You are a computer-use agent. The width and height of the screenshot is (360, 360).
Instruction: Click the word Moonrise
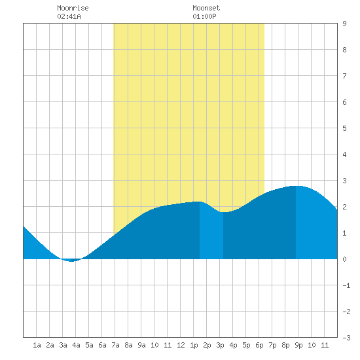[73, 8]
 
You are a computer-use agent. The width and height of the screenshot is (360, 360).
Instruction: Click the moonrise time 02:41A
[69, 16]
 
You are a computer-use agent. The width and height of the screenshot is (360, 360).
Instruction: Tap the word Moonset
[206, 8]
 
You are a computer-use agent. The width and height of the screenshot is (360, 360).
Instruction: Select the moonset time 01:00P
[204, 16]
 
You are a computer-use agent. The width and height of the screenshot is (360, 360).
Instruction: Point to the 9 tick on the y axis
[344, 24]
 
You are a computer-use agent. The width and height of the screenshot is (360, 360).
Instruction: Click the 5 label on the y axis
[344, 128]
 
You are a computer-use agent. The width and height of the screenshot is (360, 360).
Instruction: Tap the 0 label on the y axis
[344, 259]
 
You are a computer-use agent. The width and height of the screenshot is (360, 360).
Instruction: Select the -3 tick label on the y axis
[346, 338]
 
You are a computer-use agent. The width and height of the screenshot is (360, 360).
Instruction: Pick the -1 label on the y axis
[346, 285]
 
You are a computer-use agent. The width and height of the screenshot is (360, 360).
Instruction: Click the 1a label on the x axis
[37, 345]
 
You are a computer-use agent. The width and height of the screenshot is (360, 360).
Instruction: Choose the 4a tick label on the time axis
[76, 345]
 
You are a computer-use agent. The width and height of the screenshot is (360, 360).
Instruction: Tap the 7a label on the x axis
[115, 345]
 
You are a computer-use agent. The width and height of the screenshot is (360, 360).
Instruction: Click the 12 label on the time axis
[181, 345]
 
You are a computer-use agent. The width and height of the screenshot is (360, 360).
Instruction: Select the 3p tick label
[220, 345]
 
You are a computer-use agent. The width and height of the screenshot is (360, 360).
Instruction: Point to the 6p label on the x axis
[259, 345]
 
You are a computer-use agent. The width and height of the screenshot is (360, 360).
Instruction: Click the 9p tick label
[298, 345]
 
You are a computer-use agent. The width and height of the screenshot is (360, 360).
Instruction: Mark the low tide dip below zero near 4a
[71, 261]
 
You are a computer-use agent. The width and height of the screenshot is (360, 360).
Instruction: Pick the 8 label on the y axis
[344, 50]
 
